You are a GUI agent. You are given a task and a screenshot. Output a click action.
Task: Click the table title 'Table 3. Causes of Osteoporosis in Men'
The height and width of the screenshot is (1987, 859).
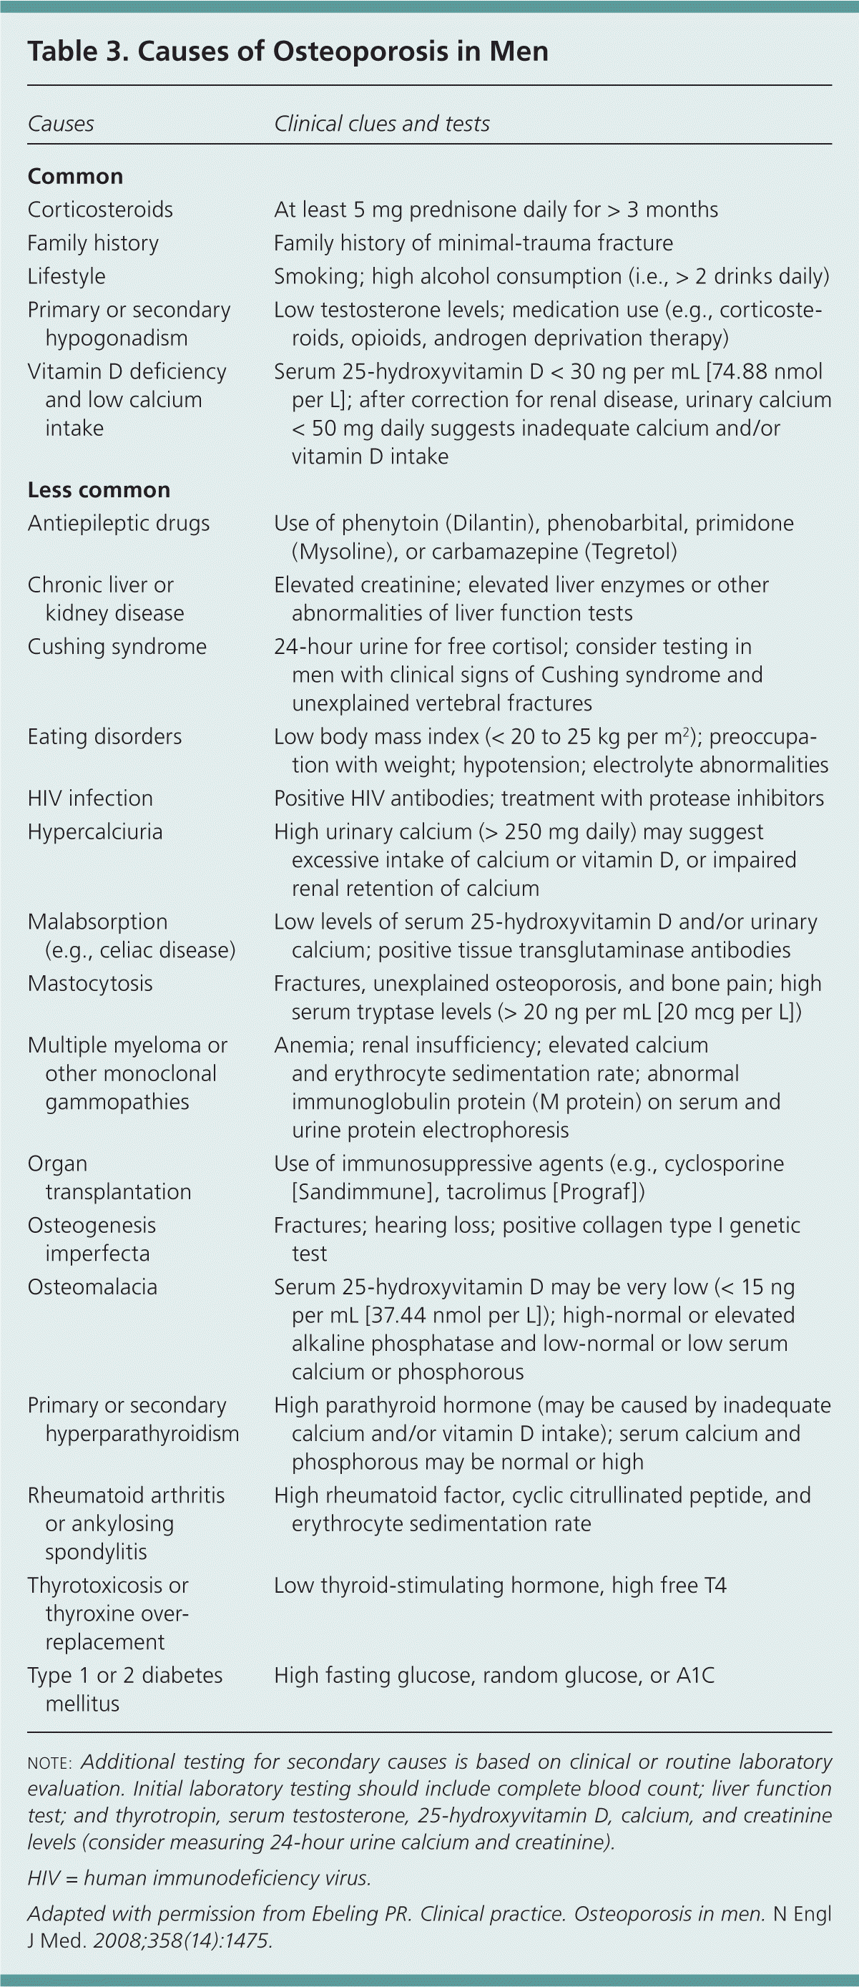[288, 52]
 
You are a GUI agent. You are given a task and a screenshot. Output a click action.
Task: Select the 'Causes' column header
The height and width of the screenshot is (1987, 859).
[61, 123]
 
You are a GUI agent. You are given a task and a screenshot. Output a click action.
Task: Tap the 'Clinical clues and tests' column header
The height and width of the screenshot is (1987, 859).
[382, 123]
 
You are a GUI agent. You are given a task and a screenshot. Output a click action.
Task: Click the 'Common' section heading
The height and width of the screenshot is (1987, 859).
[75, 176]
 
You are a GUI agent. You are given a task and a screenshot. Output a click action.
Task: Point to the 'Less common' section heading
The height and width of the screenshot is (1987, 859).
[99, 490]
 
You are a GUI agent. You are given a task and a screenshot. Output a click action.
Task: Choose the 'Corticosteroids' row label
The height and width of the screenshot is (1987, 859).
[100, 210]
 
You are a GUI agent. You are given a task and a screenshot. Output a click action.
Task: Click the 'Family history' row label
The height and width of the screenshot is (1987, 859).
[92, 243]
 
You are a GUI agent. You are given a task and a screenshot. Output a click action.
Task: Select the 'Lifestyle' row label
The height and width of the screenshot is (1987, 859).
[67, 276]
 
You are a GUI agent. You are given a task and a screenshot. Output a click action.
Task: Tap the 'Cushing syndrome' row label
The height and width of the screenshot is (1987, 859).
[117, 646]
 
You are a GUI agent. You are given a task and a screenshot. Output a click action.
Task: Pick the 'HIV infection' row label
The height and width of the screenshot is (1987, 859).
[90, 799]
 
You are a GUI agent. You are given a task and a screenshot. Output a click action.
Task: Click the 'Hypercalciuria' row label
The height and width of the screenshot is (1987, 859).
[95, 831]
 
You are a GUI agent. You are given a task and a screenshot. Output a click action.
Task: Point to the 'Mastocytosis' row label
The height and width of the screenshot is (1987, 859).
[90, 983]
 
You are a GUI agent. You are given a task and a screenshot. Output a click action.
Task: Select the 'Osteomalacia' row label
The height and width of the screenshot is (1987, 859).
[92, 1287]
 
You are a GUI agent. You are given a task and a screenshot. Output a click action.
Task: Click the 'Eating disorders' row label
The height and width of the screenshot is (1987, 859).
[105, 737]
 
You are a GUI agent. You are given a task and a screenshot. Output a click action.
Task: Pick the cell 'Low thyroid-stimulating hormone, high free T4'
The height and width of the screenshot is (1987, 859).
[501, 1585]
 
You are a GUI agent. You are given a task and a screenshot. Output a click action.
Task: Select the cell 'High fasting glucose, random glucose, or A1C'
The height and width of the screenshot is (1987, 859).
[494, 1675]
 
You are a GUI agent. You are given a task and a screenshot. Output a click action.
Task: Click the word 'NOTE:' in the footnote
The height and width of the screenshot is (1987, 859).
[49, 1762]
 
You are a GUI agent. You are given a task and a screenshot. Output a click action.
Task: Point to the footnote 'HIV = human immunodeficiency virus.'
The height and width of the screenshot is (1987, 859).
[199, 1878]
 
